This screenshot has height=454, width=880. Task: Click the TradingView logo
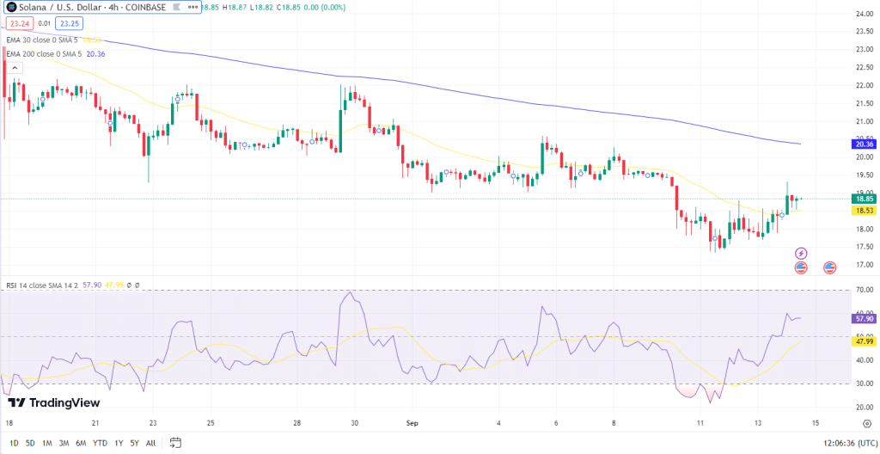[53, 402]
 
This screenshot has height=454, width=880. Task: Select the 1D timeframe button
[14, 443]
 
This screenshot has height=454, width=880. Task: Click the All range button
[151, 443]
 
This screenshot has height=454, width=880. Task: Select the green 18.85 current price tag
[862, 199]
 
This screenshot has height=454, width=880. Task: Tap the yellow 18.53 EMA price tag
[862, 210]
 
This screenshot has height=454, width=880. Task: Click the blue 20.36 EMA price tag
[862, 144]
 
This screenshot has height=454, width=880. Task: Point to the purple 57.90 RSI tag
[862, 318]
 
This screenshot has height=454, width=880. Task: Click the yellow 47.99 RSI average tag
[862, 341]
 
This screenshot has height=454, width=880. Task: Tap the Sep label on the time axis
[411, 423]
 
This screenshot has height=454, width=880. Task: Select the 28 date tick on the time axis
[296, 423]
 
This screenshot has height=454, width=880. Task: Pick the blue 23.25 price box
[70, 24]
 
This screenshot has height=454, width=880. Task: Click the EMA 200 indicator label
[43, 53]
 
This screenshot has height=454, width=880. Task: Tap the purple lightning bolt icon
[801, 254]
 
